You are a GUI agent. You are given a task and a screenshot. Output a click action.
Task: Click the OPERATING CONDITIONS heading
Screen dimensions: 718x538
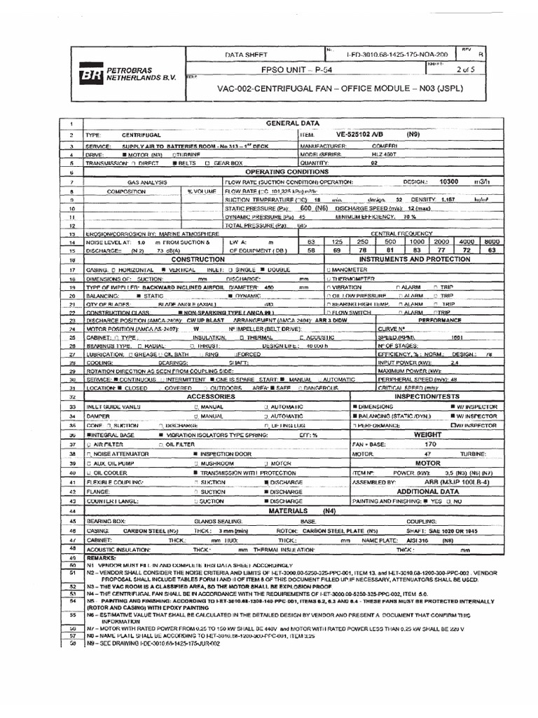pos(287,171)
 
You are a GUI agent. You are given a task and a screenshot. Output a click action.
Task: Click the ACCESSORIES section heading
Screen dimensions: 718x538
pos(210,396)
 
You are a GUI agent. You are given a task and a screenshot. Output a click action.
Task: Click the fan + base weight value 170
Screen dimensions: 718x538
pos(430,444)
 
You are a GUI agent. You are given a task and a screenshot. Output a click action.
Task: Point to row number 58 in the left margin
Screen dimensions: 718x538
pos(72,622)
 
